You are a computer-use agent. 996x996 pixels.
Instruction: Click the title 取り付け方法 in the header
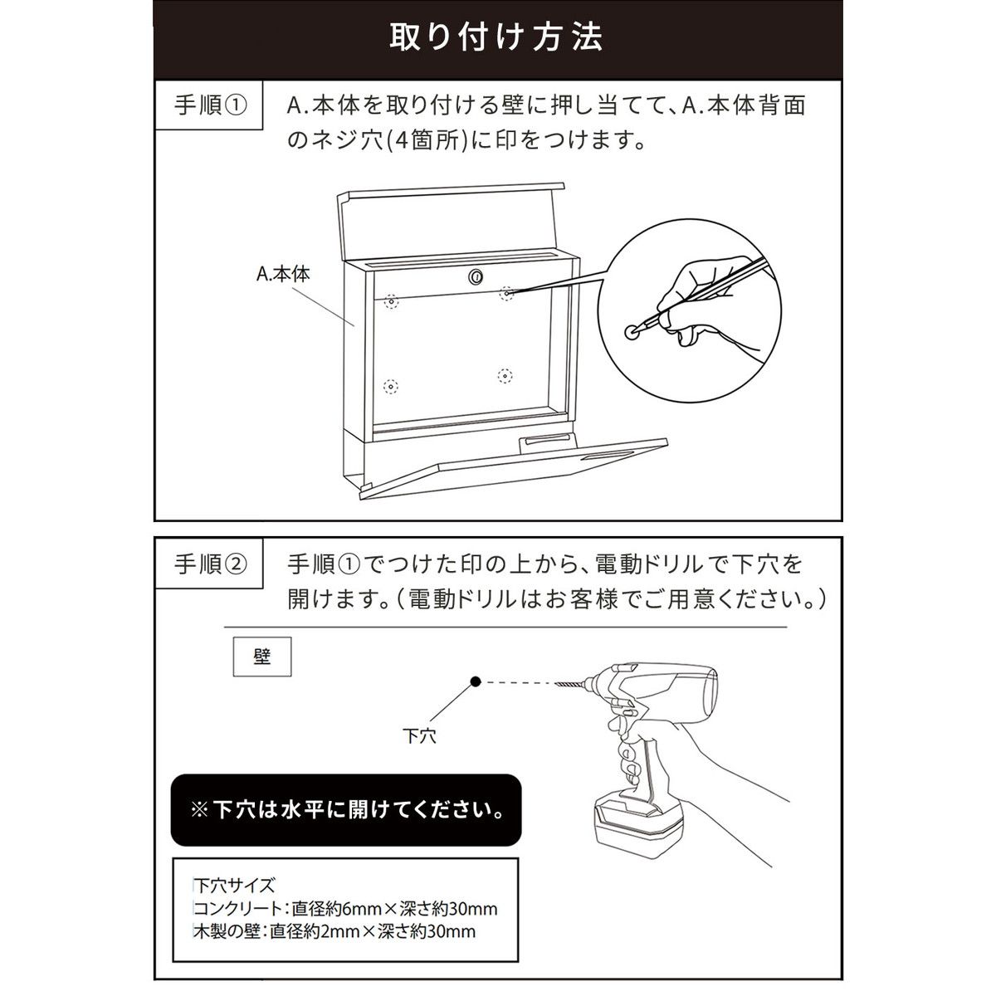(496, 37)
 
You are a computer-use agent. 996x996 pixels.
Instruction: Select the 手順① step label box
(209, 105)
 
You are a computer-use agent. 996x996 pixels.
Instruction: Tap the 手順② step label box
(209, 564)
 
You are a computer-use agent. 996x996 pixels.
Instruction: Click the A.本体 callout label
(283, 273)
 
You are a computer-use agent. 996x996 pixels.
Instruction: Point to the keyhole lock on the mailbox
(476, 276)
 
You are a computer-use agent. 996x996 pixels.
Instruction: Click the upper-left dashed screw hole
(392, 301)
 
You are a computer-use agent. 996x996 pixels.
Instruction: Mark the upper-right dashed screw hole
(506, 294)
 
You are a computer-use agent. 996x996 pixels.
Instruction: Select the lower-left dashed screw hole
(391, 386)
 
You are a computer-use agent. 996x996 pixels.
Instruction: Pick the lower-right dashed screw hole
(505, 376)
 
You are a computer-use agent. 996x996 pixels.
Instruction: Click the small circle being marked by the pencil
(632, 332)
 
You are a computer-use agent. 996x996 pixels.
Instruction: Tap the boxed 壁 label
(262, 657)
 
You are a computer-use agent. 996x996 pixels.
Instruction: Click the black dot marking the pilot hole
(476, 681)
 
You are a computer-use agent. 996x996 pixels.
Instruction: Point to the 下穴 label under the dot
(420, 735)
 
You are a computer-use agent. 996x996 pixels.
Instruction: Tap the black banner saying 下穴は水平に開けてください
(346, 810)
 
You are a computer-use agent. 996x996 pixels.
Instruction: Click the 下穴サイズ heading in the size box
(234, 885)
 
